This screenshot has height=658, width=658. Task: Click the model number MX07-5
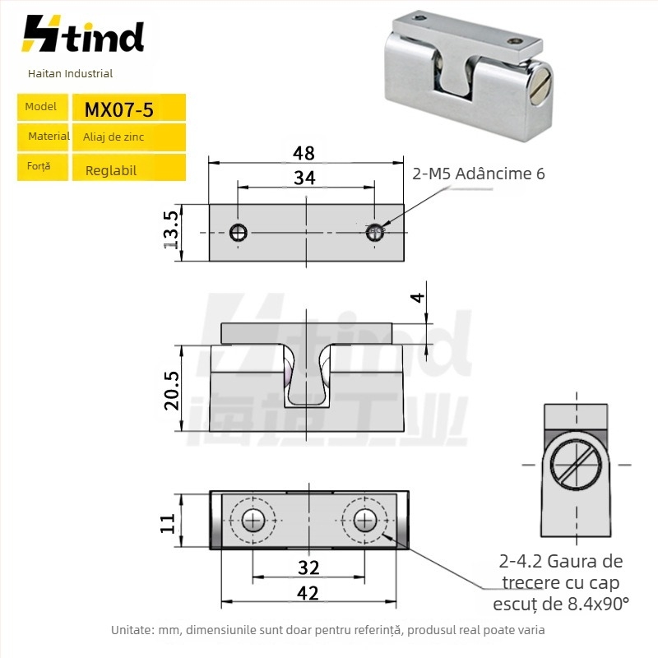[x=118, y=110]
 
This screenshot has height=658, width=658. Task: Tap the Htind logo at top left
[x=83, y=34]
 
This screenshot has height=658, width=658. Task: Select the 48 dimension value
[x=304, y=153]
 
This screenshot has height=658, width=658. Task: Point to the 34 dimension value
[x=304, y=178]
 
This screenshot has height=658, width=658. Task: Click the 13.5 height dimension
[x=171, y=230]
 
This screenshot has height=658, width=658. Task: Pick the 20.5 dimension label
[x=171, y=390]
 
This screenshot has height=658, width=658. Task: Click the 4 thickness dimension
[x=418, y=298]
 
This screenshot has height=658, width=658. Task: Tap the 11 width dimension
[x=168, y=523]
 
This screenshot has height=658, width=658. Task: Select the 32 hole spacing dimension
[x=309, y=568]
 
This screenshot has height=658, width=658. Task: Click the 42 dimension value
[x=308, y=593]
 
